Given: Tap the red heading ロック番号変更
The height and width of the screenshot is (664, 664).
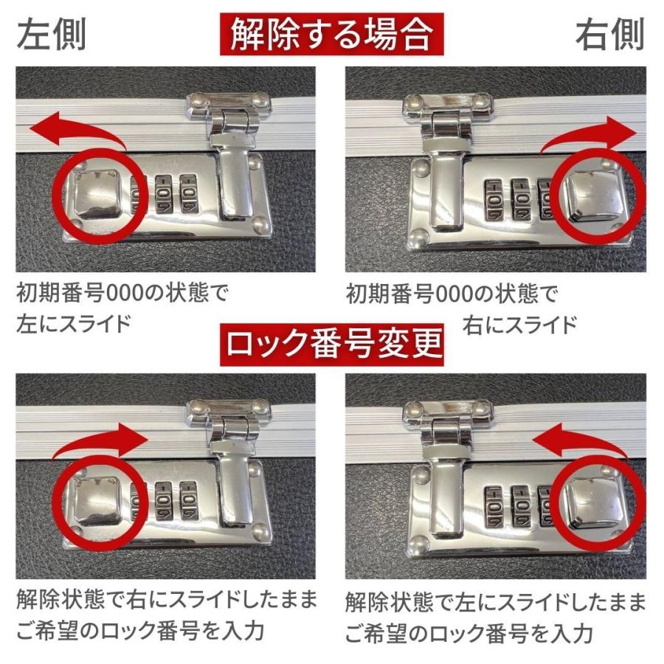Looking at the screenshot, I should point(332,343).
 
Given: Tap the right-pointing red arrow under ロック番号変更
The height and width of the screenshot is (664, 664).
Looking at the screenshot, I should point(103,440).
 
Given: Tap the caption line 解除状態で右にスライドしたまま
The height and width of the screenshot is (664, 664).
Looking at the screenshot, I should point(166,599).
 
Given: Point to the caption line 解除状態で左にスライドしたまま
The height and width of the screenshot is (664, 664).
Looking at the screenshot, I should point(495,601).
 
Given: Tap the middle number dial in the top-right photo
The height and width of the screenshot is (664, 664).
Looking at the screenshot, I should point(520,198).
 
